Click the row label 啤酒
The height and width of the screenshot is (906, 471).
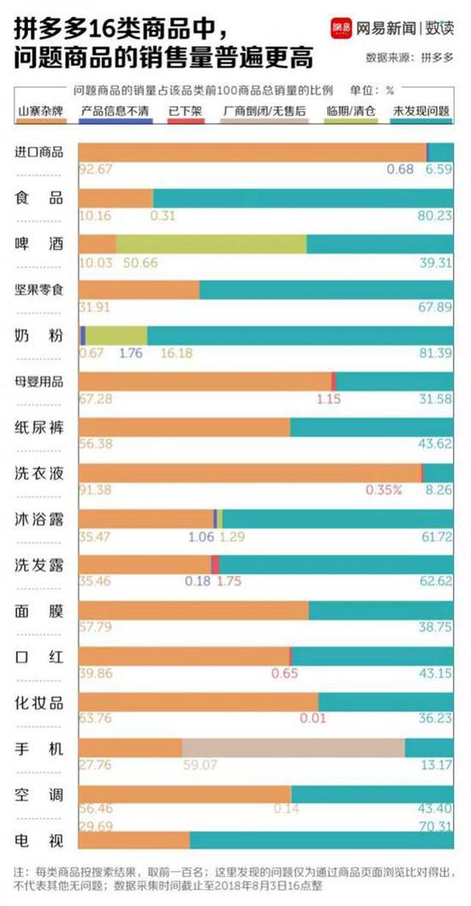(x=39, y=244)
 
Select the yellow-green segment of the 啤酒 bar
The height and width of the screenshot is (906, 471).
(x=211, y=243)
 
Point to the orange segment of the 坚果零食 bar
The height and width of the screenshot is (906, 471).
(x=138, y=290)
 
